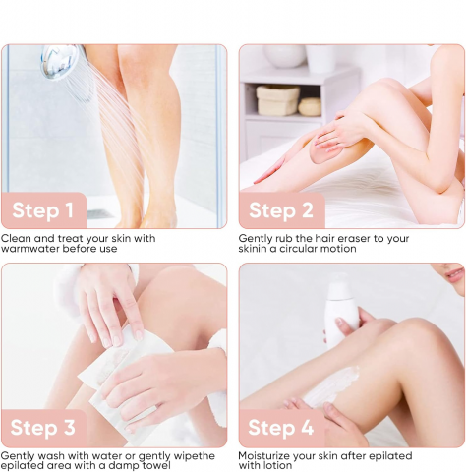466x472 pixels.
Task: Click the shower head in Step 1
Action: (61, 62)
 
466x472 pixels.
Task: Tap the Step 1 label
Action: (42, 210)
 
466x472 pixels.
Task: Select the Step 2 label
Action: (281, 210)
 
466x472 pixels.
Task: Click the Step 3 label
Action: (42, 428)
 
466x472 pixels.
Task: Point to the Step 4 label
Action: (280, 428)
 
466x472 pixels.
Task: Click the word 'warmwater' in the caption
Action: (30, 249)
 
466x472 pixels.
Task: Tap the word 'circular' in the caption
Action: (298, 249)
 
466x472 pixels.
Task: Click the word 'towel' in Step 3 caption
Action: (156, 466)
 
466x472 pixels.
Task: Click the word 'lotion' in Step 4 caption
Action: (276, 466)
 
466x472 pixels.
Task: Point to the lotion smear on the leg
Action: (331, 386)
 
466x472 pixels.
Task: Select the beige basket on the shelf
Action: (277, 100)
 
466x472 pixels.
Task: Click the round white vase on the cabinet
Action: (285, 56)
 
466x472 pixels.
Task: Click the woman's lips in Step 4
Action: (455, 275)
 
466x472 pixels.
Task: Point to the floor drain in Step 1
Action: (100, 214)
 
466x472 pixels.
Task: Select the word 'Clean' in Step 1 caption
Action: (16, 238)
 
